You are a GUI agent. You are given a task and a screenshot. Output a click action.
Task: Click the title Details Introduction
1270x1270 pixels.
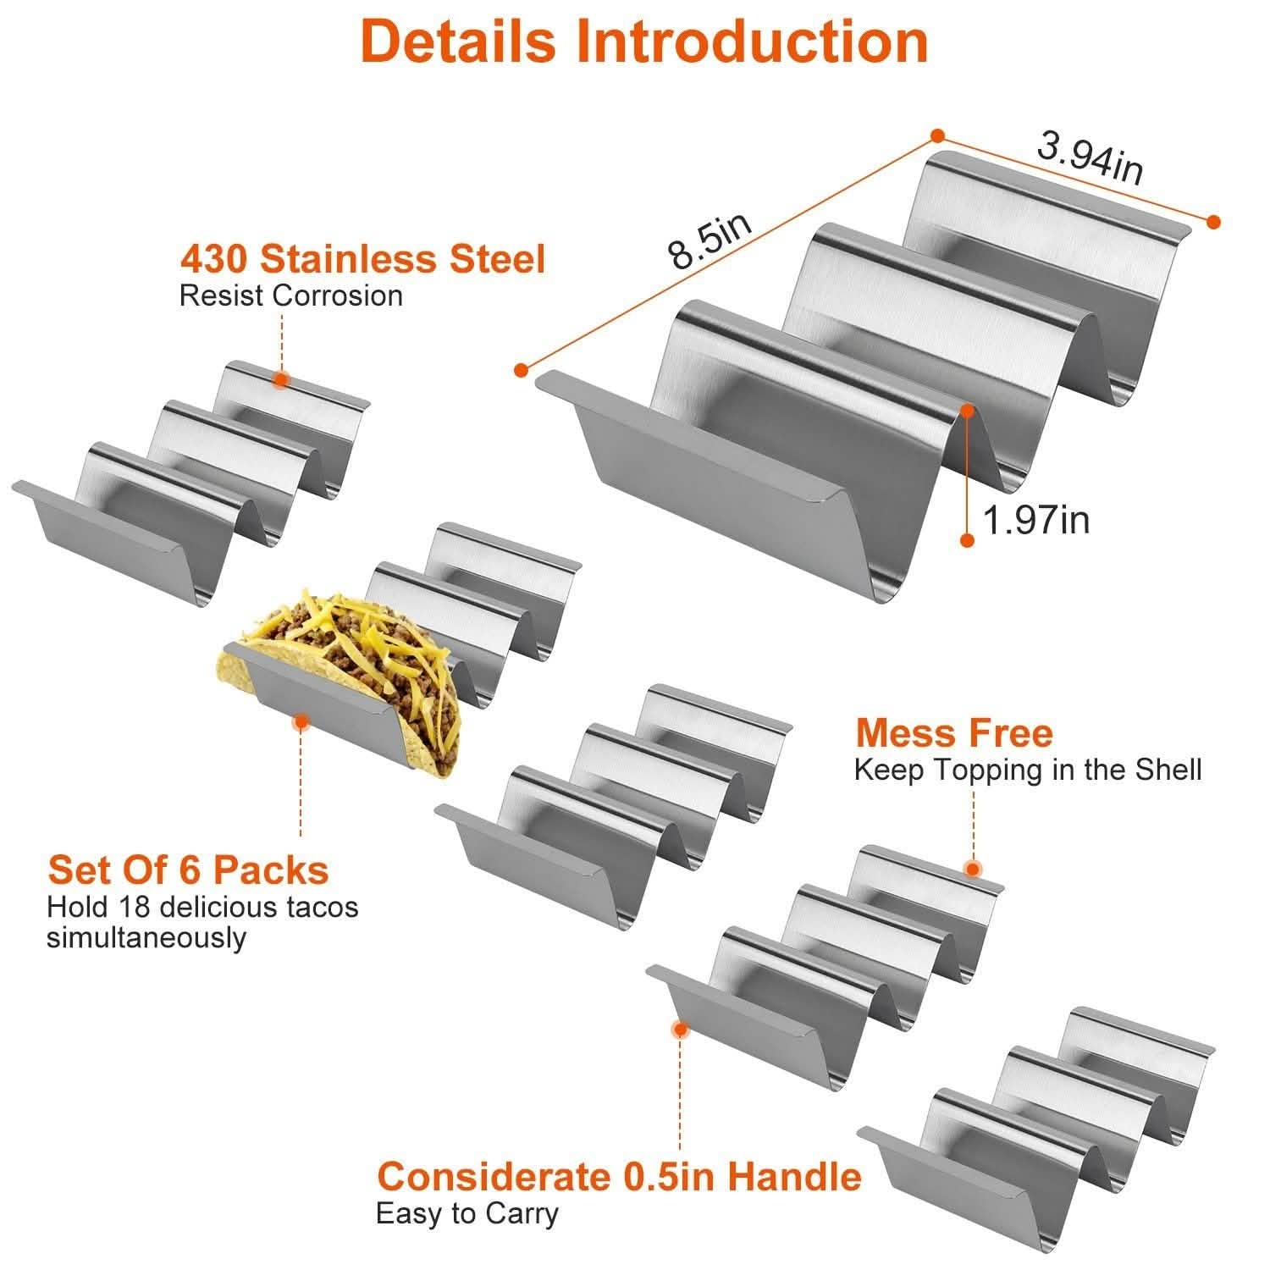pos(643,41)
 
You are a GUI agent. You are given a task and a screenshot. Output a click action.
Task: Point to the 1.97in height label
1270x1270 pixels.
pos(1036,519)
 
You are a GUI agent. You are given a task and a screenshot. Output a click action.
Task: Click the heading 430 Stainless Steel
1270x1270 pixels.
pos(362,258)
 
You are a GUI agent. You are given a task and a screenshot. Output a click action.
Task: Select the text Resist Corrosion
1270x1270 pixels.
pos(290,296)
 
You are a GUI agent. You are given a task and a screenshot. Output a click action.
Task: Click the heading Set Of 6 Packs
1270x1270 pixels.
pos(188,870)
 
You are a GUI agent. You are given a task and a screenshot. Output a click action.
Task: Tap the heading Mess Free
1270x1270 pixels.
pos(953,733)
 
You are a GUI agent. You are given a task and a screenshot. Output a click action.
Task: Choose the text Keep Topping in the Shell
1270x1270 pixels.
pos(1027,770)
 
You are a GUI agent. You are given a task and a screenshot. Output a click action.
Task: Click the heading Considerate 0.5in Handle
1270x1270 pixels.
pos(619,1176)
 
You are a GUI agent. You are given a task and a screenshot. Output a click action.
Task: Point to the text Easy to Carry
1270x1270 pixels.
pos(467,1213)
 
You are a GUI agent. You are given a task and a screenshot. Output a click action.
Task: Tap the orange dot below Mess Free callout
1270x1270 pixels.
pos(973,869)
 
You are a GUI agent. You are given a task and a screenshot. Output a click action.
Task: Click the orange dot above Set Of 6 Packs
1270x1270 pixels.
pos(300,722)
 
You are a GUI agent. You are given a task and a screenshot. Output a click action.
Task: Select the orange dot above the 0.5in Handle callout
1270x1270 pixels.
pos(679,1029)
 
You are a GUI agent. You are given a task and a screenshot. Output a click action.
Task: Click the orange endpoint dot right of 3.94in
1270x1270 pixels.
pos(1213,222)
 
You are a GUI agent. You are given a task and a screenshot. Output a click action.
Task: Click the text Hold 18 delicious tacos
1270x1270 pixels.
pos(202,907)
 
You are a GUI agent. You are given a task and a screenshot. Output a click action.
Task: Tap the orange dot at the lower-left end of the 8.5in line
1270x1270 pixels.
pos(521,369)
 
